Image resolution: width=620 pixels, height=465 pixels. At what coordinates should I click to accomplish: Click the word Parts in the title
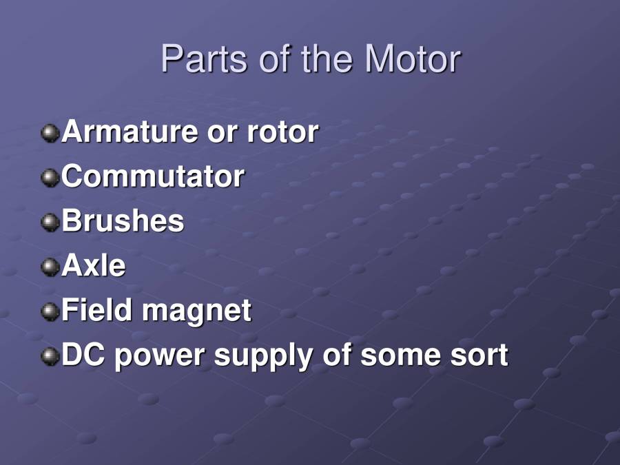pos(205,59)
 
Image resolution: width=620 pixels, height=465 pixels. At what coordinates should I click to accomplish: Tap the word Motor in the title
pos(413,59)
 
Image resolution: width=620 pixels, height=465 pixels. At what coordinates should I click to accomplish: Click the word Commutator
pos(152,176)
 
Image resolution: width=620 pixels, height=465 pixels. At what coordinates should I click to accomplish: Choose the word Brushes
pos(123,221)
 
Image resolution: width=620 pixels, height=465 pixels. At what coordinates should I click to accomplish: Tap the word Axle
pos(94,266)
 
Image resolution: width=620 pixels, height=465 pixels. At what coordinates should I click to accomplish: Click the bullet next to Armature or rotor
pos(50,132)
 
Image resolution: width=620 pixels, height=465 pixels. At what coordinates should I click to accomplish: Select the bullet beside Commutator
pos(50,177)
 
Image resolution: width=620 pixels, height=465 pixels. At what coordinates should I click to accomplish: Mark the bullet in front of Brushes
pos(50,222)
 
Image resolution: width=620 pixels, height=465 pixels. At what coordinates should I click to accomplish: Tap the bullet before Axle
pos(50,267)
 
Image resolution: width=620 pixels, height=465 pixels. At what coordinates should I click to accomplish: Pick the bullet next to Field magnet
pos(50,311)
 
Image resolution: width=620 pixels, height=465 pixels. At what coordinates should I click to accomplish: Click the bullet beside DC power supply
pos(50,356)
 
